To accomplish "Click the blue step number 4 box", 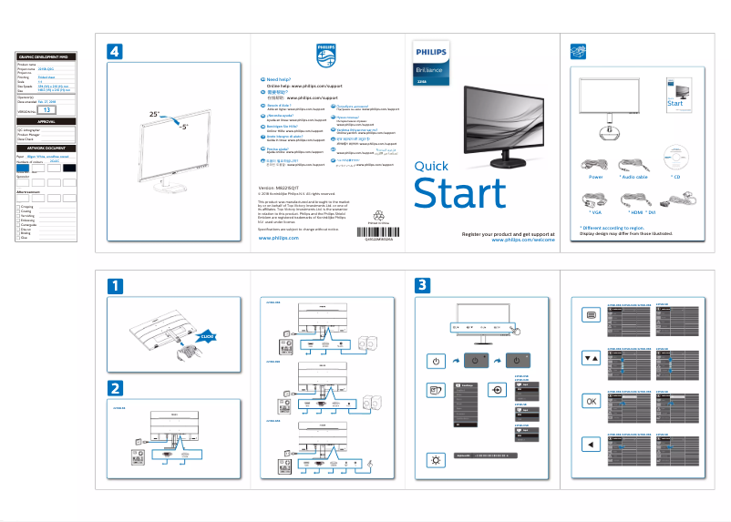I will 115,51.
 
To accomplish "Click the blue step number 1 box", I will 115,285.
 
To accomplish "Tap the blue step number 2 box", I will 115,387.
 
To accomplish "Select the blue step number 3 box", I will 422,285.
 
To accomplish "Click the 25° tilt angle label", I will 154,115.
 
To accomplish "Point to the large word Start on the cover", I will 459,194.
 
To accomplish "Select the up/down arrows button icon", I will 591,357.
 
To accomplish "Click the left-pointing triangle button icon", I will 591,444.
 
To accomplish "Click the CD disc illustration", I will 675,156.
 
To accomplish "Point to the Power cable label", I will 596,177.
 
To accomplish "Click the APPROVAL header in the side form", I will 46,121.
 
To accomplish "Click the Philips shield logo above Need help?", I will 324,54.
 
